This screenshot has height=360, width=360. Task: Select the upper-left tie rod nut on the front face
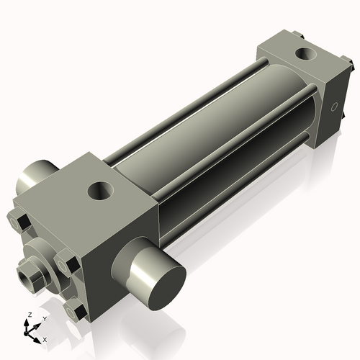(x=21, y=222)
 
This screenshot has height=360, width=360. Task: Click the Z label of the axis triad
(x=28, y=315)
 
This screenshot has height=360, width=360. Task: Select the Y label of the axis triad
(x=44, y=318)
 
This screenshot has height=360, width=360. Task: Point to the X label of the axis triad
(x=45, y=339)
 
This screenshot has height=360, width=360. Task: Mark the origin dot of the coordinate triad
(x=30, y=331)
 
